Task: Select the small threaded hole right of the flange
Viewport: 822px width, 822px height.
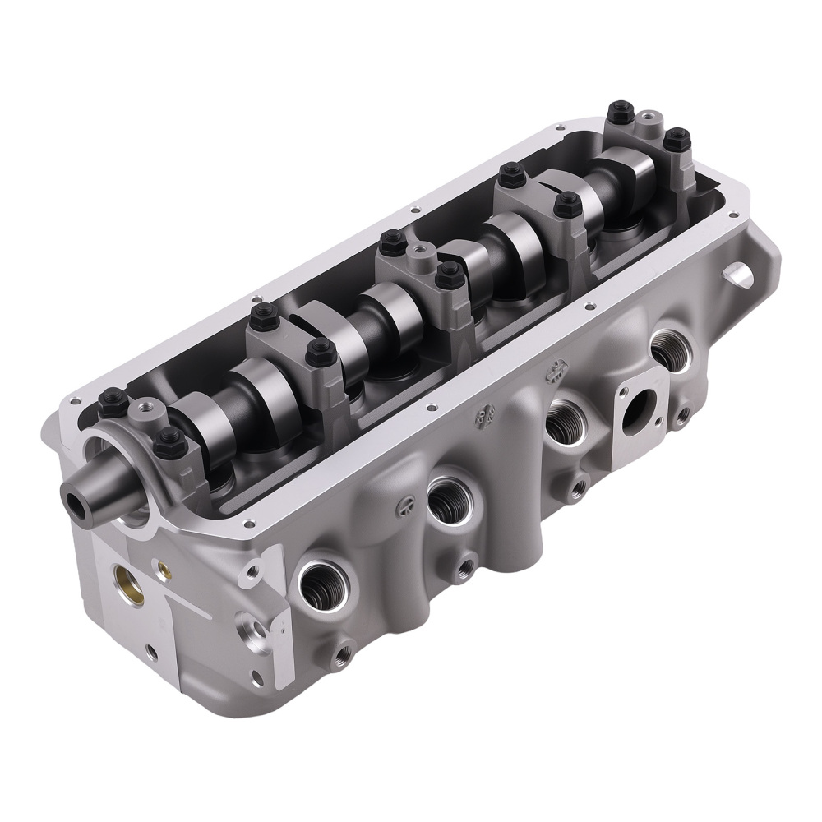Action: click(x=681, y=416)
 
